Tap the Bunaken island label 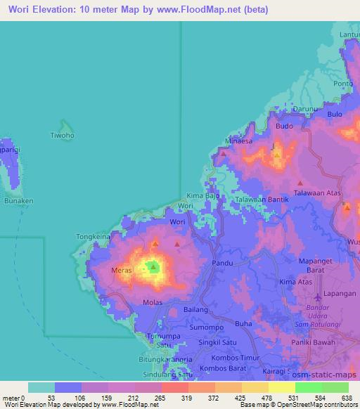point(17,200)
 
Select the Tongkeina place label point(94,238)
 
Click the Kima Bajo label point(202,195)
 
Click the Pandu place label point(223,263)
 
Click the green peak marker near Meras point(153,266)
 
